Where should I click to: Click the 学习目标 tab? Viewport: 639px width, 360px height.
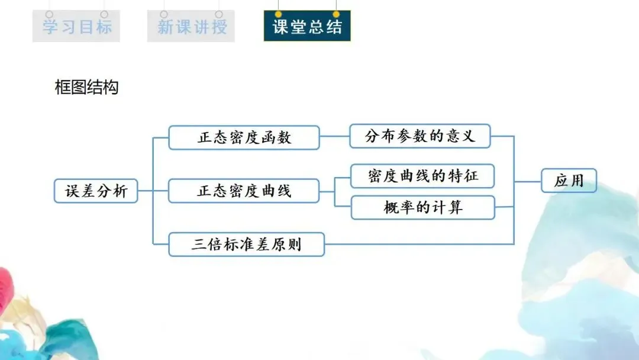(76, 27)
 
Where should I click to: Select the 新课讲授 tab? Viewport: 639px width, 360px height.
(191, 27)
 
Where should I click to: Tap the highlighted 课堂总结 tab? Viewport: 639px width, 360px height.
(307, 27)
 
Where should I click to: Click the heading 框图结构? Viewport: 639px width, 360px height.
(86, 88)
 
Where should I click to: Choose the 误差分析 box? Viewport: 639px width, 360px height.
(96, 191)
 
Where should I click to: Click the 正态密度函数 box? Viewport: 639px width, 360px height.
(244, 137)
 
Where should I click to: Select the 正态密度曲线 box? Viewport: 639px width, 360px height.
(244, 191)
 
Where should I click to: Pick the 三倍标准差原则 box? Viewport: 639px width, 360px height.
(247, 244)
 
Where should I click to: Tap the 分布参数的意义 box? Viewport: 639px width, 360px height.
(420, 136)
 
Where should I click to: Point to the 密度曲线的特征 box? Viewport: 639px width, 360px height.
(422, 176)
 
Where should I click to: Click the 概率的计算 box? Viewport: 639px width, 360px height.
(422, 207)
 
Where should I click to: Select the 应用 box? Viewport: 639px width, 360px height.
(569, 181)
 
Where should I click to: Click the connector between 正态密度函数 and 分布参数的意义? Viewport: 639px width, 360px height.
(335, 136)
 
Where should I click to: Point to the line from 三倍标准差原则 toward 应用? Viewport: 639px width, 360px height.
(414, 244)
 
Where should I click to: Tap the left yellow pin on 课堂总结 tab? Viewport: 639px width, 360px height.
(278, 14)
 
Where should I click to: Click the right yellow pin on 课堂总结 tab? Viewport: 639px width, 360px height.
(337, 14)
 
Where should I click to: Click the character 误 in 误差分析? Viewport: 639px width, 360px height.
(72, 191)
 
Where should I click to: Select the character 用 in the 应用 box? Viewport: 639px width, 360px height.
(576, 181)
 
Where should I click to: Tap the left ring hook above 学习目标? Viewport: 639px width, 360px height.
(49, 14)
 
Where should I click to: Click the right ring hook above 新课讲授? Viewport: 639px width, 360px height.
(219, 14)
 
